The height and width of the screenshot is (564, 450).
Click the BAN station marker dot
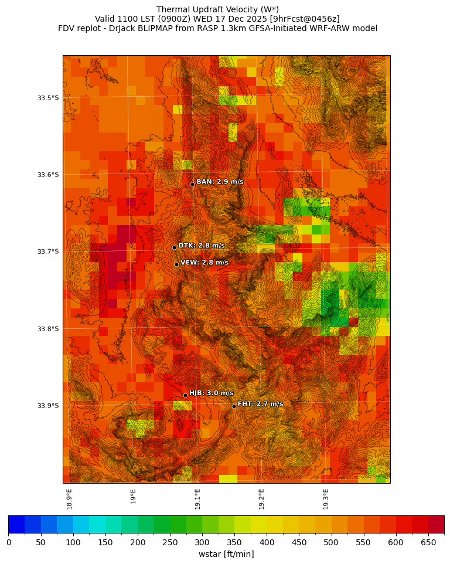coord(192,184)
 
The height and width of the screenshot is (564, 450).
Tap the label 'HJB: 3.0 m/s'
coord(211,393)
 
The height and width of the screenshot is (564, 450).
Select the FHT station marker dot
coord(234,406)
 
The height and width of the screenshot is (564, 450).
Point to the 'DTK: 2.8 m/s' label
coord(202,246)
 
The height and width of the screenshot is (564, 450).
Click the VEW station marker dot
coord(176,264)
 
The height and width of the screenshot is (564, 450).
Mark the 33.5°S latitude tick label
coord(48,98)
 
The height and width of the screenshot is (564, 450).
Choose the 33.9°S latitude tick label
coord(48,406)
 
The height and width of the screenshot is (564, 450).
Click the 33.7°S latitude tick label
coord(48,252)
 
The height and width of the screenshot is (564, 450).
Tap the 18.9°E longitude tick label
coord(69,499)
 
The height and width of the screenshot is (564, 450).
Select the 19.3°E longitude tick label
coord(325,499)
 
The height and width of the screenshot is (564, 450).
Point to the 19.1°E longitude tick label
coord(197,499)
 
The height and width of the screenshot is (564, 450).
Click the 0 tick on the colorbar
coord(9,543)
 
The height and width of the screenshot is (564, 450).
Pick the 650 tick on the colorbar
coord(428,543)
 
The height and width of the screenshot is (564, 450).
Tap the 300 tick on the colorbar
coord(202,543)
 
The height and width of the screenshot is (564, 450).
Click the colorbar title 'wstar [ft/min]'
coord(226,554)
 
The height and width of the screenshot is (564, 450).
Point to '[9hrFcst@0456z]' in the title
coord(301,19)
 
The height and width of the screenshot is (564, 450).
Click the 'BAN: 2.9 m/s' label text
coord(220,182)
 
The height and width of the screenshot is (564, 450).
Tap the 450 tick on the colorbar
coord(299,543)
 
